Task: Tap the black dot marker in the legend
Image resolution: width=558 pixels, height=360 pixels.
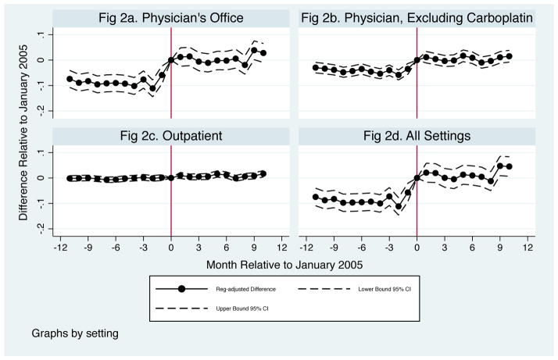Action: click(182, 289)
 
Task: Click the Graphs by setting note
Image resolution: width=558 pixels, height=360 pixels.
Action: click(75, 333)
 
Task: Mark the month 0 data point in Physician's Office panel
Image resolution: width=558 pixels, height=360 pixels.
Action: click(171, 60)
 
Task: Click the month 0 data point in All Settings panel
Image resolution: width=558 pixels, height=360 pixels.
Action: click(417, 178)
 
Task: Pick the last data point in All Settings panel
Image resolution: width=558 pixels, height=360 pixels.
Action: click(510, 166)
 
